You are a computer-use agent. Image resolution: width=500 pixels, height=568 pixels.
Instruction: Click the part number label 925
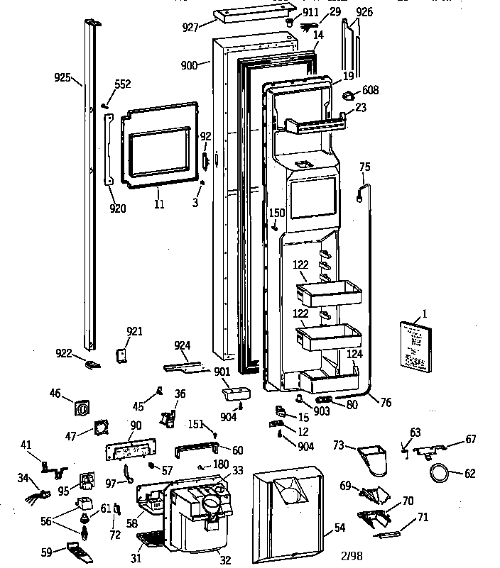point(62,77)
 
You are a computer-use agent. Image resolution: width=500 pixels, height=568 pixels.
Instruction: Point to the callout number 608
point(370,90)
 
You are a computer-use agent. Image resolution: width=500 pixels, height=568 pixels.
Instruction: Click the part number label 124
point(354,353)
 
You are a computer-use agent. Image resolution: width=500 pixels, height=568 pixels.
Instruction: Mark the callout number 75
point(364,167)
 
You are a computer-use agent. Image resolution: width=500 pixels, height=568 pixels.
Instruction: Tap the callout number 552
point(123,84)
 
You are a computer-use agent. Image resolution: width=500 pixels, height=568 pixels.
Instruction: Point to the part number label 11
point(159,204)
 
